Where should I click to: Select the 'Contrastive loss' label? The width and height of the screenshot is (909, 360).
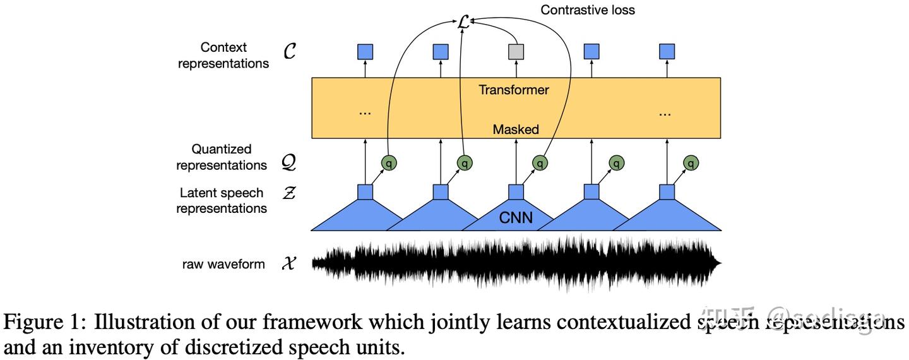point(588,9)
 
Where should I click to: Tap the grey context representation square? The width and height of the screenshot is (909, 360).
point(516,52)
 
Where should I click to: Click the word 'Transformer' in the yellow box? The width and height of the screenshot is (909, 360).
point(513,90)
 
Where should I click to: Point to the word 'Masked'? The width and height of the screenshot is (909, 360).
point(516,129)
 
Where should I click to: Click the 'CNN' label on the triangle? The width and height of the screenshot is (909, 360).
point(516,219)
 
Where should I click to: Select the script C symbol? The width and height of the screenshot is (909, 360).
point(290,52)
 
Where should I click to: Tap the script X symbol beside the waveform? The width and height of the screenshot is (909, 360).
point(289,263)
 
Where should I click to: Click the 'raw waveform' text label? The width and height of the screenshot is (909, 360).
point(223,264)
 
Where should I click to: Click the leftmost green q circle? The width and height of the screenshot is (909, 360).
point(389,163)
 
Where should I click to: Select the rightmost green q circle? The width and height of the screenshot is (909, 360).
point(692,163)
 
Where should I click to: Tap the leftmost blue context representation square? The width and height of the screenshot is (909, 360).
point(365,52)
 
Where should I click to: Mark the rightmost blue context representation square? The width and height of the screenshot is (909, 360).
point(667,52)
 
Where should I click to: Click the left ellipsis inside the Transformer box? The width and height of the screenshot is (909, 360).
point(365,112)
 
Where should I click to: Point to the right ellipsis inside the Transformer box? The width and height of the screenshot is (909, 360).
point(664,112)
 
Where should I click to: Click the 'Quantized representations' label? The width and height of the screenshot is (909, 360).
point(222,157)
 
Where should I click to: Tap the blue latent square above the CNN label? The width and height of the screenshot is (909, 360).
point(516,192)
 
